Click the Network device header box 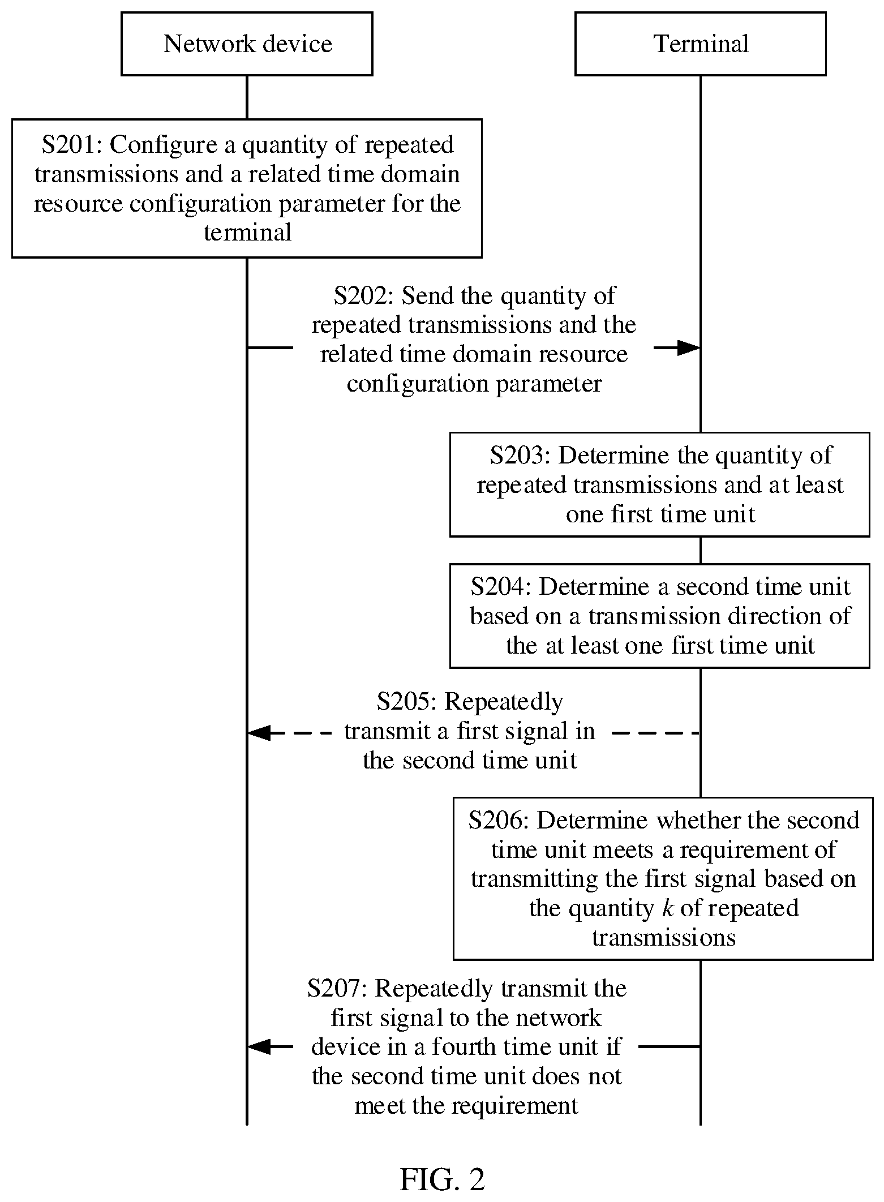pos(247,44)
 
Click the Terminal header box pos(701,44)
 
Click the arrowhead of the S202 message pos(689,348)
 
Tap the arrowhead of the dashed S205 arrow pos(259,733)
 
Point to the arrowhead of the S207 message pos(259,1047)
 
